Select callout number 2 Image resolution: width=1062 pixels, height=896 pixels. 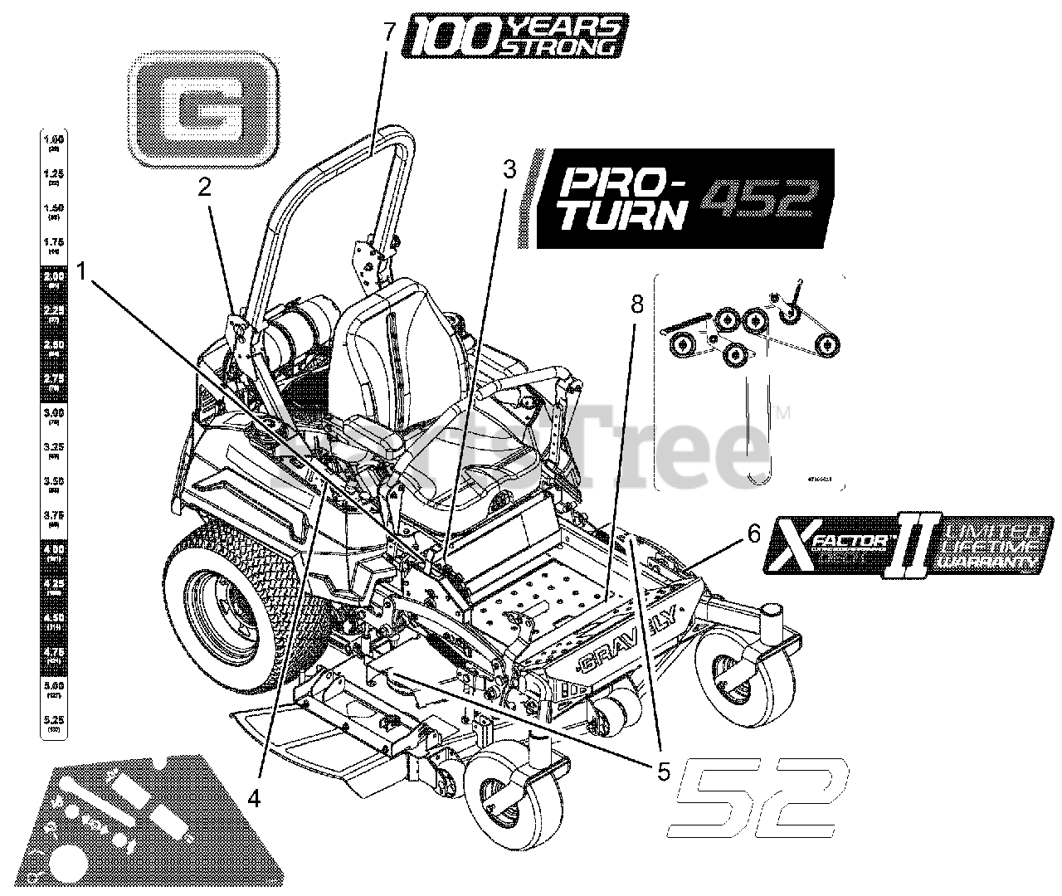pyautogui.click(x=204, y=187)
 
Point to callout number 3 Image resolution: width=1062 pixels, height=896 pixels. pyautogui.click(x=509, y=170)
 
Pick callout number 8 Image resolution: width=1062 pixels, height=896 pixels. pyautogui.click(x=636, y=305)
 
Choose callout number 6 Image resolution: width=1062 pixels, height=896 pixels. pyautogui.click(x=753, y=533)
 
